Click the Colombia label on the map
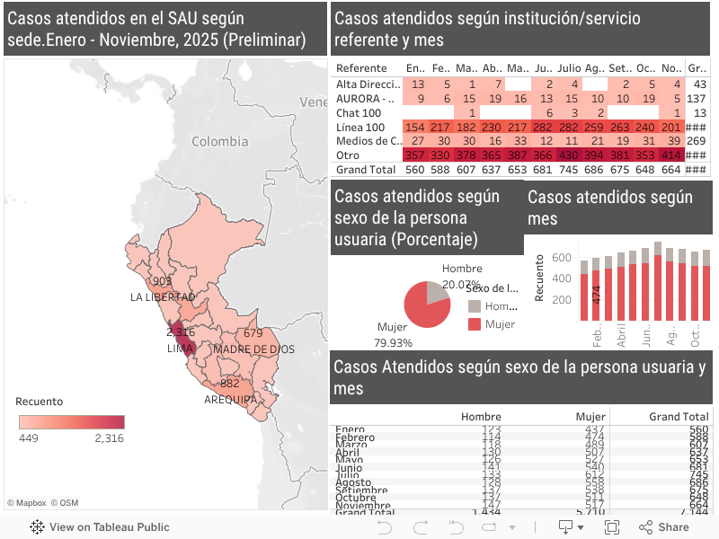(x=218, y=141)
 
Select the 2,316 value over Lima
(x=181, y=332)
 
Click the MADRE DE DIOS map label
(x=253, y=349)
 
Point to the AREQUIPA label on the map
(x=230, y=399)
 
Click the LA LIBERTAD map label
(x=163, y=296)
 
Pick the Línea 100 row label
(x=360, y=127)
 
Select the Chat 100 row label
(x=359, y=112)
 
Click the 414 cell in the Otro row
(x=670, y=155)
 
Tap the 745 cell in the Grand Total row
(x=567, y=170)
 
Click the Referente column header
(x=361, y=68)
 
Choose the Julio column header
(x=568, y=68)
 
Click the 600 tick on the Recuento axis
(x=561, y=258)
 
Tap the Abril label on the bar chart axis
(x=620, y=336)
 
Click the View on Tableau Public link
(x=100, y=527)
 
